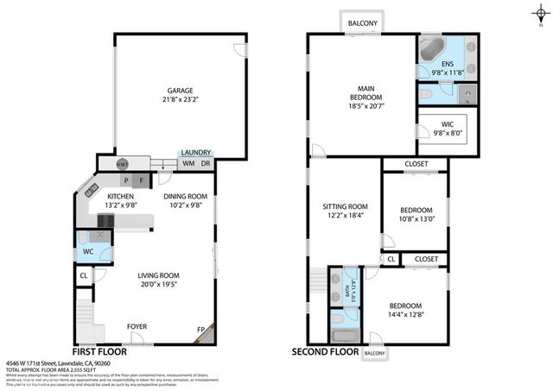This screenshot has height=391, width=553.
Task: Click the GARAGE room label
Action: (x=180, y=91)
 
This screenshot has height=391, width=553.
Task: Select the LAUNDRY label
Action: (x=196, y=152)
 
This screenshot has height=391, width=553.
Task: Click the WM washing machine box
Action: (x=188, y=164)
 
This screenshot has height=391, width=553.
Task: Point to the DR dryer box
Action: (x=206, y=164)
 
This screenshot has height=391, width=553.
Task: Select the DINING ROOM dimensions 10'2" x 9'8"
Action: (x=186, y=205)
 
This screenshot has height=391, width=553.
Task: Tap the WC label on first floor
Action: (x=87, y=253)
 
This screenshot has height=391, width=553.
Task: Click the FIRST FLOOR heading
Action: (x=99, y=352)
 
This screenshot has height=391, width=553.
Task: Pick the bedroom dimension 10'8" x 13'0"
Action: (x=416, y=220)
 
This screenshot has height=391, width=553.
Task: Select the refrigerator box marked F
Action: (x=139, y=180)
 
